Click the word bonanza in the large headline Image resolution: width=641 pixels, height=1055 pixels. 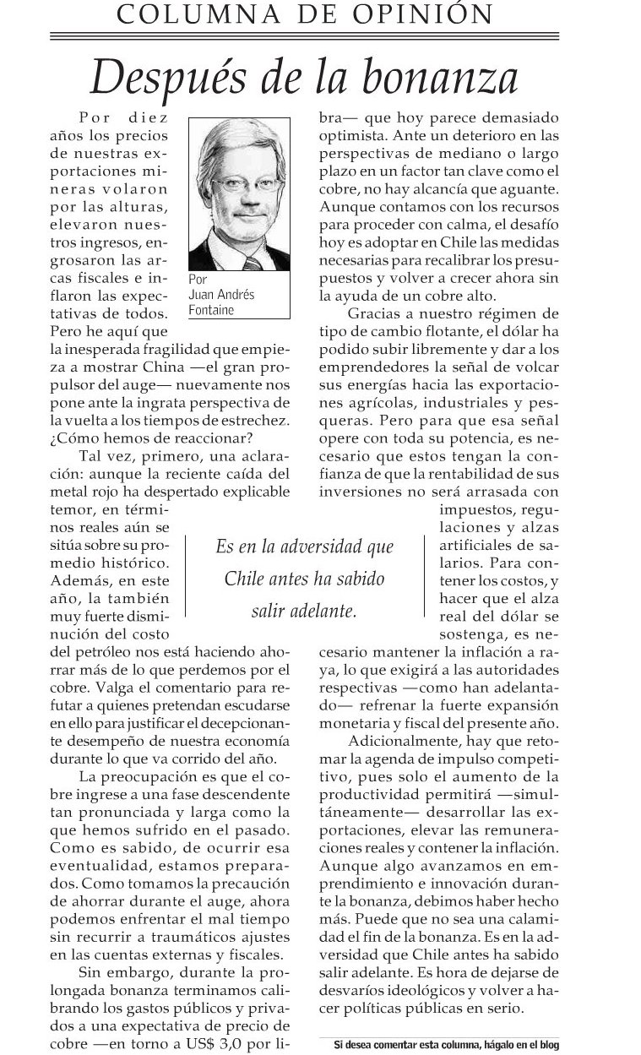[x=450, y=78]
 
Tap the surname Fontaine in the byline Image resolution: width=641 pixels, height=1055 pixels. [x=212, y=310]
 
